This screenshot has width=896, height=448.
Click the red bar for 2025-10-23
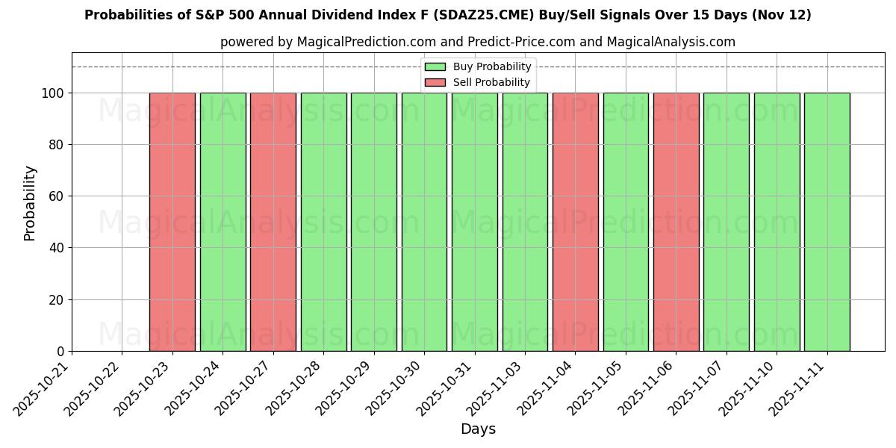[172, 222]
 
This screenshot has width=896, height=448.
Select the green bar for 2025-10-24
[223, 222]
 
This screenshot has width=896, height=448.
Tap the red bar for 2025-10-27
[273, 222]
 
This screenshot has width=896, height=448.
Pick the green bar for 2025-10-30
[424, 222]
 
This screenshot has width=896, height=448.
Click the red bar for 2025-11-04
[575, 222]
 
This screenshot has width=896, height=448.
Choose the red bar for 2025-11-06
[676, 222]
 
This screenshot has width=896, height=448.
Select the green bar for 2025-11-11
[827, 222]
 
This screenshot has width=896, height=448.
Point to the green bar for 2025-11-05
[626, 222]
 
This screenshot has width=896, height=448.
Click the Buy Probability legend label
[492, 66]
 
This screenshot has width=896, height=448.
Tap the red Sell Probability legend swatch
[435, 82]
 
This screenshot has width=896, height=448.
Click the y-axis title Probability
[30, 202]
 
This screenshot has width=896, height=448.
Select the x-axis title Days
[478, 429]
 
